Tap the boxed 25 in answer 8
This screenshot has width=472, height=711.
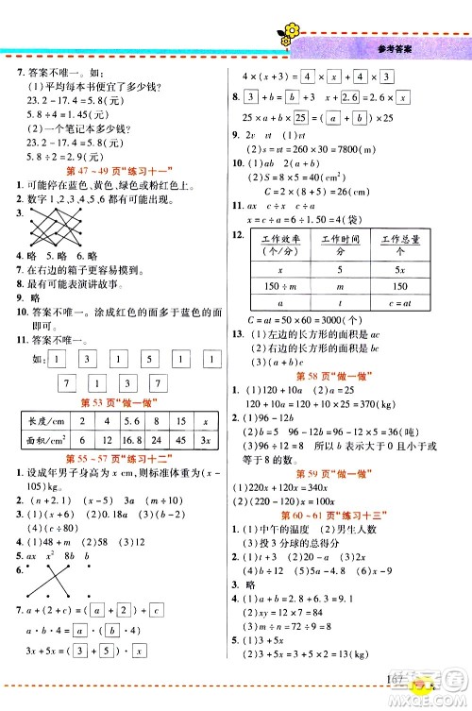tap(301, 118)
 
